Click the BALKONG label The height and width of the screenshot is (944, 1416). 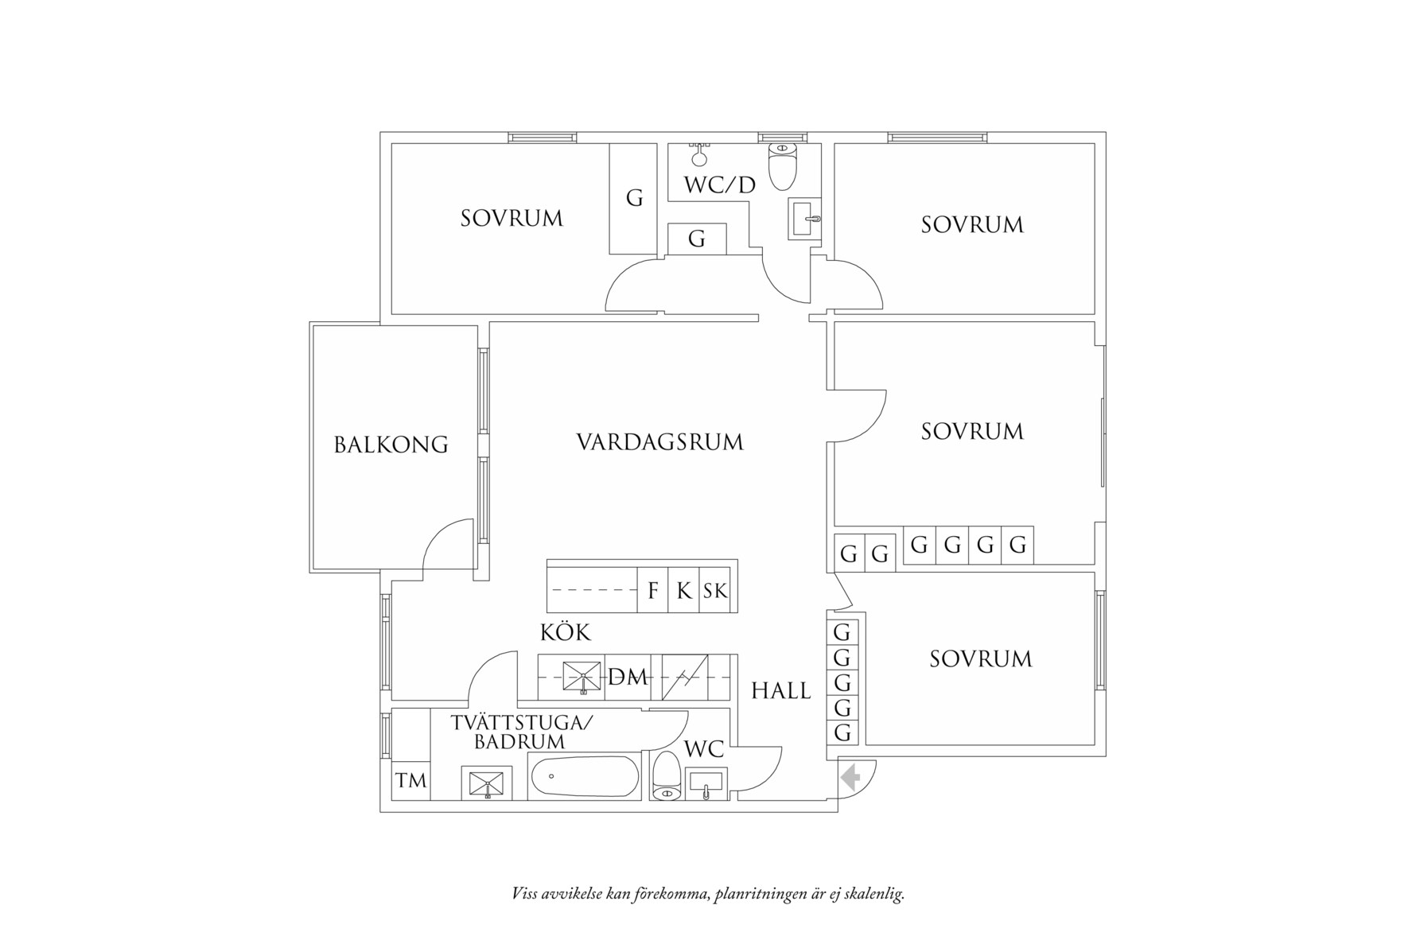pos(391,444)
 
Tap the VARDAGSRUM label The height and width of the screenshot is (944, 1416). pos(659,441)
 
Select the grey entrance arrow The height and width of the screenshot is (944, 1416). pos(851,777)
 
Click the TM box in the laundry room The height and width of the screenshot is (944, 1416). pos(410,781)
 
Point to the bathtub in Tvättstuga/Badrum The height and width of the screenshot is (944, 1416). pos(584,778)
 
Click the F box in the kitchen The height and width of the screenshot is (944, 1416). pos(652,591)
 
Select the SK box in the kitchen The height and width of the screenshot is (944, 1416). pos(715,591)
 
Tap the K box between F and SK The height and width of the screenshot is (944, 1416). pos(683,591)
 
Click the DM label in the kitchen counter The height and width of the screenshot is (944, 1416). pos(628,678)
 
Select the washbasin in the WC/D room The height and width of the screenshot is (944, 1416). pos(805,218)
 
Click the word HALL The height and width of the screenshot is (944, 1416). pos(781,691)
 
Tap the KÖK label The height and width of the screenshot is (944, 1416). pos(566,633)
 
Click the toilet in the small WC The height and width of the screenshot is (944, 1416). pos(665,777)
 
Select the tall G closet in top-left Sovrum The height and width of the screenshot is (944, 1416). pos(633,198)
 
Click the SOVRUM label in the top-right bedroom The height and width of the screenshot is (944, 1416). pos(971,225)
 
